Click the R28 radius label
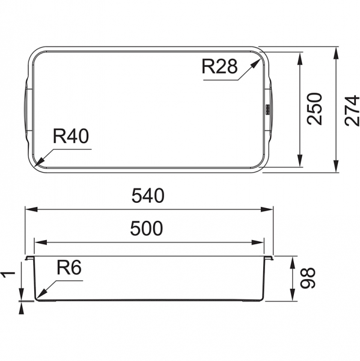[x=219, y=66]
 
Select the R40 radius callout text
[x=71, y=136]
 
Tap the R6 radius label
[x=69, y=268]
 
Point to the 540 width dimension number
[x=148, y=196]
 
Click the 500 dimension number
[x=147, y=228]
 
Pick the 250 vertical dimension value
[x=314, y=109]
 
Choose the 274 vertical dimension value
[x=352, y=111]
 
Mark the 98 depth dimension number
[x=308, y=277]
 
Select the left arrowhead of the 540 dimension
[x=31, y=209]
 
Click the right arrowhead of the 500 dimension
[x=257, y=242]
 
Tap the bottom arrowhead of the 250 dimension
[x=299, y=160]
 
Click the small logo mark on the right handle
[x=268, y=109]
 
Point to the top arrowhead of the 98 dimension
[x=292, y=263]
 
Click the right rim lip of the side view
[x=269, y=258]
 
